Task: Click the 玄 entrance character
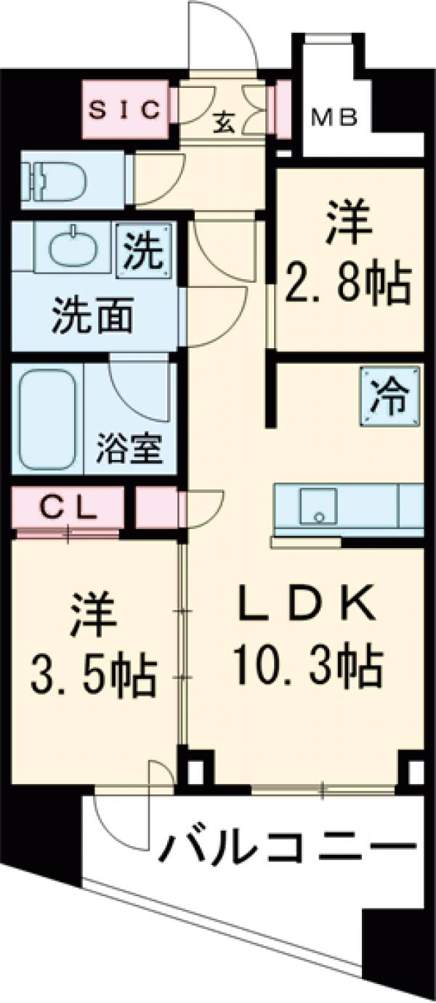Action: (x=224, y=124)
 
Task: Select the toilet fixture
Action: (x=54, y=179)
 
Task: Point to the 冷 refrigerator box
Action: (x=392, y=400)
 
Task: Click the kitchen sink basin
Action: (x=319, y=505)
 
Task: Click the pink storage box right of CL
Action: (x=156, y=507)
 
